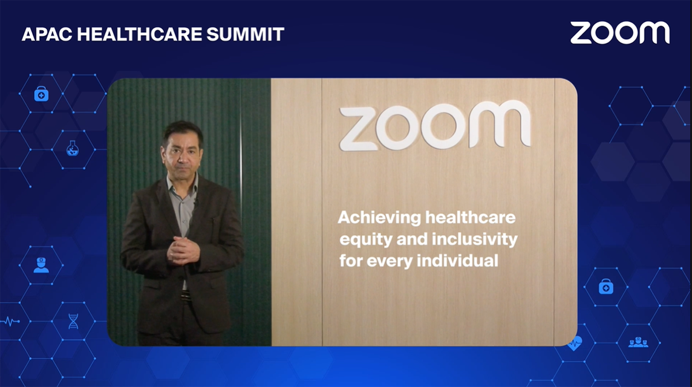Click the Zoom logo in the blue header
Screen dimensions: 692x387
(620, 33)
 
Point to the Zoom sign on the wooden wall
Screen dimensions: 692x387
(435, 125)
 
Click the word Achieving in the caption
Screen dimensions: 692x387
(379, 218)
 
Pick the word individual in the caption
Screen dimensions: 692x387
(457, 261)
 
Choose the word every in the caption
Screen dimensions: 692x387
(390, 262)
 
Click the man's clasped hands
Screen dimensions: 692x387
(183, 251)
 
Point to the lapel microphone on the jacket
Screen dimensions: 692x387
(195, 203)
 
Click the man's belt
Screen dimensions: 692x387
(186, 295)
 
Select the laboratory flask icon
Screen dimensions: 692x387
(73, 148)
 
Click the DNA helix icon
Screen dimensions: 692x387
(73, 321)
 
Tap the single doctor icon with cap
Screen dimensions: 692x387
(41, 265)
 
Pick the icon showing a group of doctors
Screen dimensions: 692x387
(638, 343)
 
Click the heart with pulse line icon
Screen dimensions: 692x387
(574, 343)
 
